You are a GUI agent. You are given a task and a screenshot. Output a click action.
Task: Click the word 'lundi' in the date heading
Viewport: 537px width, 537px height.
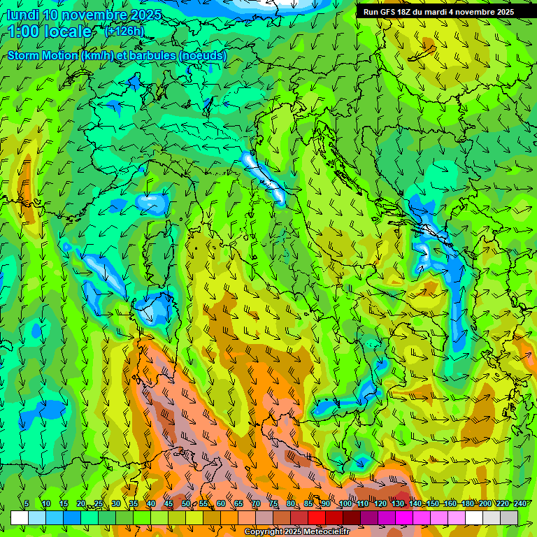point(22,15)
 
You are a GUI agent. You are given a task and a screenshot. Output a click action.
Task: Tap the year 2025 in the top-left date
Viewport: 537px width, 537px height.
point(144,15)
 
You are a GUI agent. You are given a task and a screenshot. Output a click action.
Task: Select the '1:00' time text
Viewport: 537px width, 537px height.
point(24,31)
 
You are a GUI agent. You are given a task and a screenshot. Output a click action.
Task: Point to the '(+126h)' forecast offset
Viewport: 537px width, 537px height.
point(124,31)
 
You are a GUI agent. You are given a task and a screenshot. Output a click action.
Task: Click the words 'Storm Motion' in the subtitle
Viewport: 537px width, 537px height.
point(42,55)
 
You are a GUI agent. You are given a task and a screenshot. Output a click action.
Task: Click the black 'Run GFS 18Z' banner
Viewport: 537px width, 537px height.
point(438,12)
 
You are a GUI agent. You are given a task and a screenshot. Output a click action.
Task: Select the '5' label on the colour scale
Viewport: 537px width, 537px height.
point(27,503)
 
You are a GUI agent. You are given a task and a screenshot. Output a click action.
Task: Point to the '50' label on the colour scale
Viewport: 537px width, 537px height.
point(186,503)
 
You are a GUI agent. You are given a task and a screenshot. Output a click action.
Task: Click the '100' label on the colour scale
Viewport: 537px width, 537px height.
point(345,503)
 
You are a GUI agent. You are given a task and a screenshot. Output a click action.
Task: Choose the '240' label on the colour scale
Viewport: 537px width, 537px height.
point(520,503)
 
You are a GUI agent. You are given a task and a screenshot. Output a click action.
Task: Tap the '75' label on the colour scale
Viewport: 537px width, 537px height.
point(273,503)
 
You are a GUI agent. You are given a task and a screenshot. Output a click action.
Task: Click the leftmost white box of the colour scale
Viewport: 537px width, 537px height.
point(20,517)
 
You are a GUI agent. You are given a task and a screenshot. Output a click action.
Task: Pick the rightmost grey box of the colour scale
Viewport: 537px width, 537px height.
point(509,517)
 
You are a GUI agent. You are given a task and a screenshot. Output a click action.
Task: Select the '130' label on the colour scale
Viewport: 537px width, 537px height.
point(397,503)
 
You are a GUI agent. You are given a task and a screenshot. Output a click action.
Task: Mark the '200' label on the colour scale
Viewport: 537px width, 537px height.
point(485,503)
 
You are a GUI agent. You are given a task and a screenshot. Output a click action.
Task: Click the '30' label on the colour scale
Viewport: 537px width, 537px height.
point(116,503)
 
